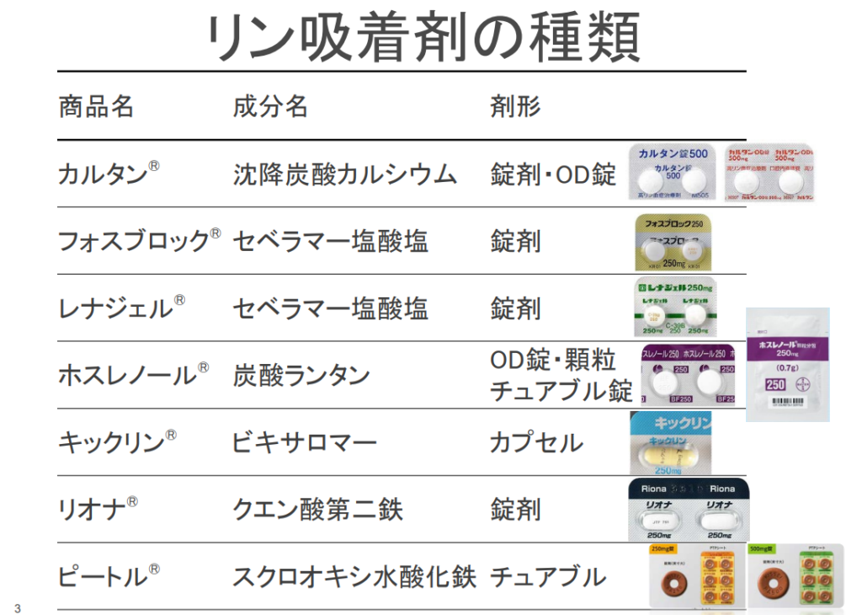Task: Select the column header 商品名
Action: (96, 107)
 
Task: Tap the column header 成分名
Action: (270, 107)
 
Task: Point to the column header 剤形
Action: (515, 107)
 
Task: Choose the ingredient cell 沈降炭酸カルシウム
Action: (345, 174)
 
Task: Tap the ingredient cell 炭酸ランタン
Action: (301, 375)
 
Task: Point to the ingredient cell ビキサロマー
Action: (304, 442)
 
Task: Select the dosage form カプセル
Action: (536, 442)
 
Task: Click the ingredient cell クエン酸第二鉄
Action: (317, 510)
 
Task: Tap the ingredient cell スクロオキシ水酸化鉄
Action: (354, 577)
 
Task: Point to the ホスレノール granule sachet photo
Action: (787, 364)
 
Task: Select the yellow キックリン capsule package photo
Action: (671, 443)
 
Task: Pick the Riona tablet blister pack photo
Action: (689, 511)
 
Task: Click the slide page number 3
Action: (17, 608)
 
